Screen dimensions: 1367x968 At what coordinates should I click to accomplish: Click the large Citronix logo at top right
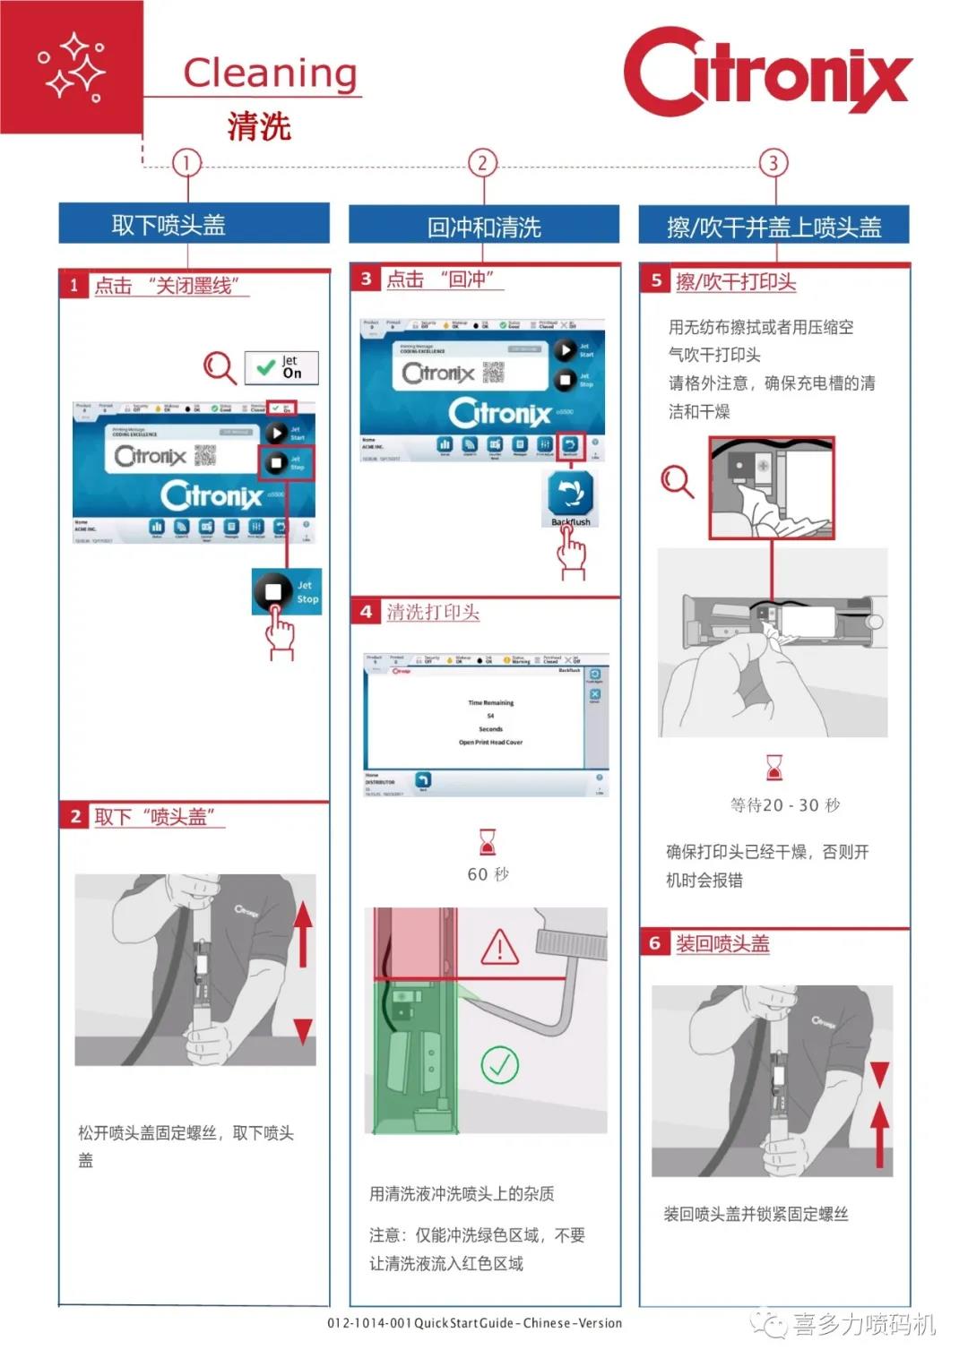(x=767, y=72)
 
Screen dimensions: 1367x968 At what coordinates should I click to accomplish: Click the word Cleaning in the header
(x=270, y=73)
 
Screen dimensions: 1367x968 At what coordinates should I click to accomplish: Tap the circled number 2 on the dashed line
(x=482, y=163)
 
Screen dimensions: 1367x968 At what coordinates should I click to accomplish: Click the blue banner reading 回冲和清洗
(x=484, y=227)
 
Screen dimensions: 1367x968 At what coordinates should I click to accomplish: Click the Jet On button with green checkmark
(x=281, y=367)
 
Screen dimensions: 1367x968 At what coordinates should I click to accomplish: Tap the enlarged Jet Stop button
(x=286, y=591)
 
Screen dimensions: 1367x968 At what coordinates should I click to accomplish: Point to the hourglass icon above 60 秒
(x=488, y=842)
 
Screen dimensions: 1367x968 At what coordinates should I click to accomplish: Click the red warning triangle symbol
(x=500, y=947)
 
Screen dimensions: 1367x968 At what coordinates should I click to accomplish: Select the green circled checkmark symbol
(x=499, y=1064)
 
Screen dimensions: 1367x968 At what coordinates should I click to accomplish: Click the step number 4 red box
(x=366, y=612)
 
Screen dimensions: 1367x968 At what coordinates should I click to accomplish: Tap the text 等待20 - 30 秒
(x=785, y=805)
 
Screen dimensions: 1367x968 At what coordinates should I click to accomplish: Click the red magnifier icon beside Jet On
(x=220, y=367)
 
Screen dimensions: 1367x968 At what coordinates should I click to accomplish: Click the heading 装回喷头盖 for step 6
(x=722, y=943)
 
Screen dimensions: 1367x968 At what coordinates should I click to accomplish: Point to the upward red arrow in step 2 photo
(x=303, y=933)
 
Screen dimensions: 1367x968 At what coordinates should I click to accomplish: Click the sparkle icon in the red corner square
(x=72, y=67)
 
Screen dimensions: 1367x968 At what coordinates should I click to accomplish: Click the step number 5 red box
(x=656, y=280)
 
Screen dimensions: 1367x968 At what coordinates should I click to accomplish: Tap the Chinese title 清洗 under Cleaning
(x=259, y=126)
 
